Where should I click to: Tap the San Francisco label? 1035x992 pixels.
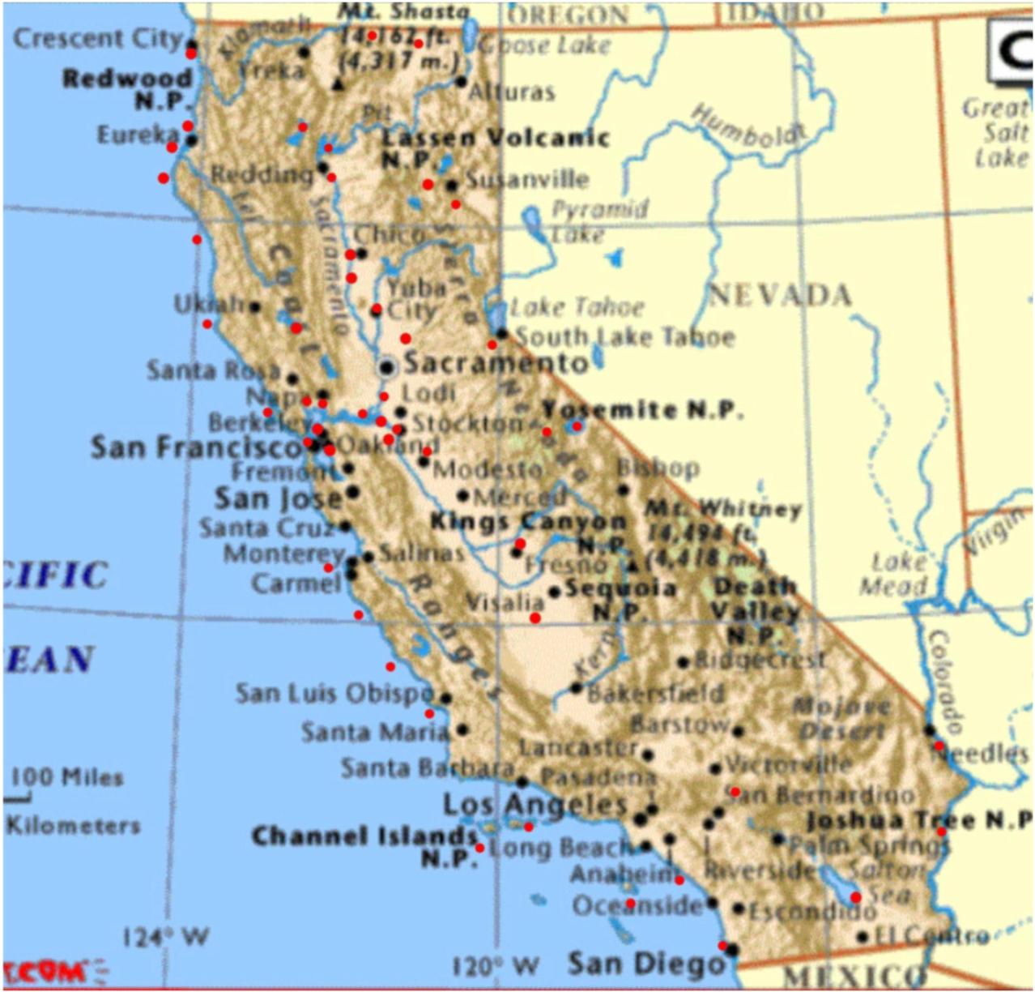196,447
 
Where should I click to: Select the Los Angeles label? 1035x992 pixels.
535,805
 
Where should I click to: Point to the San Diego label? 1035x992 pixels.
645,964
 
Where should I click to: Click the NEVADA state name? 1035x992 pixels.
780,295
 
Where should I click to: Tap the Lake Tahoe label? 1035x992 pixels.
577,307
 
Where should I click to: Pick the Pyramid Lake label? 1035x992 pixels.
598,220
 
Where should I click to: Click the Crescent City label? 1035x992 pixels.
98,38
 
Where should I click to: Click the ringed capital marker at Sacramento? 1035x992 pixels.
387,367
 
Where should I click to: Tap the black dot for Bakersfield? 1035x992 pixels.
576,688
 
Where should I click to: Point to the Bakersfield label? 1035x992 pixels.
655,694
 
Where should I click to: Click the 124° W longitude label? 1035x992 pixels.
165,938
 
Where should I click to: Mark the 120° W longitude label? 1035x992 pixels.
495,966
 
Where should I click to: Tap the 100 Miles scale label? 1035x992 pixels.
66,777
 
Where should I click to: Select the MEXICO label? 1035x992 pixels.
854,976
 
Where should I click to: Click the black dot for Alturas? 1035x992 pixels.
461,81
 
